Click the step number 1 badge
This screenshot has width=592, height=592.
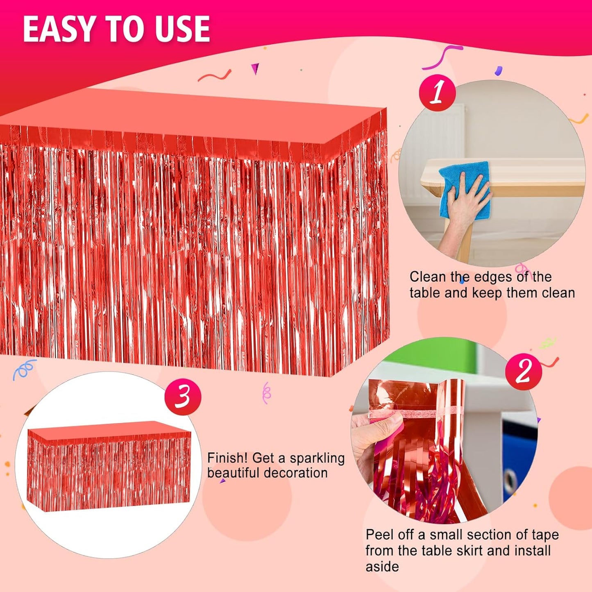click(437, 93)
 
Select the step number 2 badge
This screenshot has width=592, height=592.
click(524, 372)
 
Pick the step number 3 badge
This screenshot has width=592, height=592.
click(183, 397)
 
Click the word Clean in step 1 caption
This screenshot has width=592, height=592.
click(428, 277)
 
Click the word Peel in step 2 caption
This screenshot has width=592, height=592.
click(380, 535)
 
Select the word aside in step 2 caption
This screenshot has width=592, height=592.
click(382, 567)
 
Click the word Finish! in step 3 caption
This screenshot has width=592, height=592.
click(227, 458)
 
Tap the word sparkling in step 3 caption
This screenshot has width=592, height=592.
click(317, 459)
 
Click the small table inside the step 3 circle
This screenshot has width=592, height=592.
click(109, 467)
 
